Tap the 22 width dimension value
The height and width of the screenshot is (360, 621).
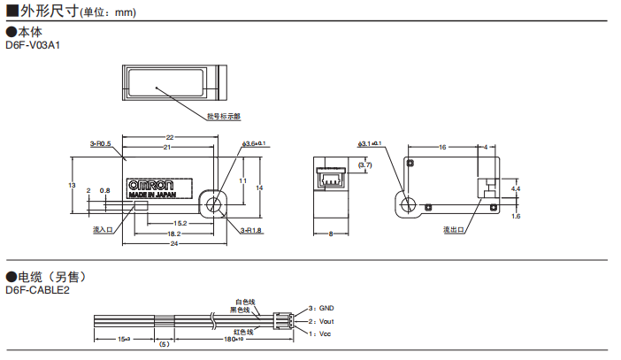tap(169, 137)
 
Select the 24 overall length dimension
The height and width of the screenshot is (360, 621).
tap(174, 243)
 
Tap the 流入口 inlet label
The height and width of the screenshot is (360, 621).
tap(103, 230)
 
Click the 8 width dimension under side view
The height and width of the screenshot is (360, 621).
tap(329, 234)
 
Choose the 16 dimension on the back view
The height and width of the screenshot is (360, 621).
tap(441, 147)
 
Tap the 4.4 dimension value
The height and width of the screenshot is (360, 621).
tap(516, 189)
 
